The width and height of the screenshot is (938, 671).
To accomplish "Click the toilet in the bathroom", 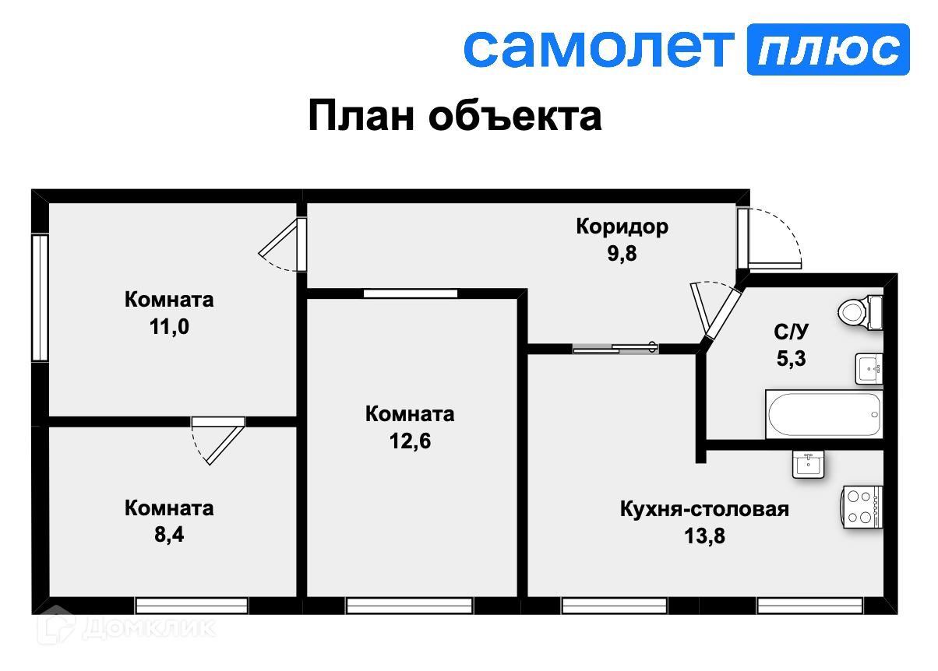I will coord(859,313).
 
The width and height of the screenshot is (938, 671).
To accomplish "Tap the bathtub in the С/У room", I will coord(824,414).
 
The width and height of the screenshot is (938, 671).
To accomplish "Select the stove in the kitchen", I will coord(862,507).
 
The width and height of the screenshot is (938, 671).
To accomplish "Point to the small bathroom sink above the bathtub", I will coord(869,368).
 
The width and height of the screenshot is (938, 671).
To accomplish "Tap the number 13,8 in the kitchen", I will coord(704,536).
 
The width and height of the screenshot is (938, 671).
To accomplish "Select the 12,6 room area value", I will coord(410,441).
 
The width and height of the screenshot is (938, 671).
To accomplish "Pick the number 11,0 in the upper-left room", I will coord(169,326).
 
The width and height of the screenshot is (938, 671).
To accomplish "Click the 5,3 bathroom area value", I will coord(792,359).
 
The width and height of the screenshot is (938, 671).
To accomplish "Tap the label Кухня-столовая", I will coord(704,510).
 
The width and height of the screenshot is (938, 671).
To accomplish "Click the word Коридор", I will coord(622,227).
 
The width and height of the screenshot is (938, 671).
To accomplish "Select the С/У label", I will coord(792,332).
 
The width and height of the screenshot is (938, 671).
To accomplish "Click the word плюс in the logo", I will coord(827,50).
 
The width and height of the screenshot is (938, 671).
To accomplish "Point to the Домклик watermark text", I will coord(148,627).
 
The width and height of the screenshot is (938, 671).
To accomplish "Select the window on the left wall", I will coord(39,297).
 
